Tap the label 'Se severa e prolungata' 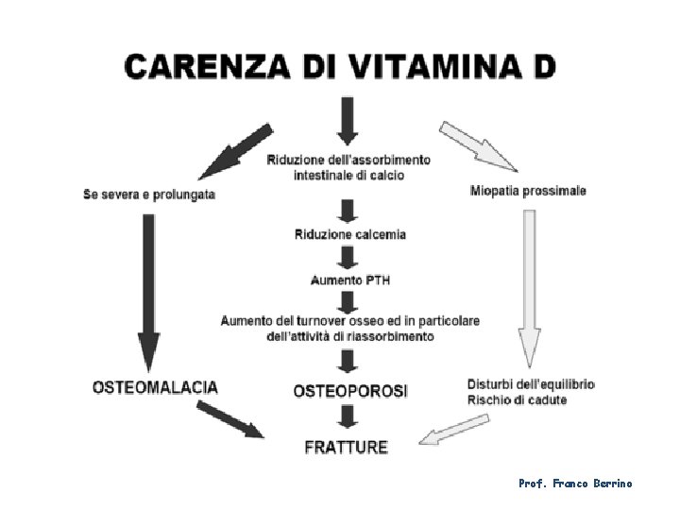pos(149,195)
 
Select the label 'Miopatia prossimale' pos(528,191)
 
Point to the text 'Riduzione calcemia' pos(349,234)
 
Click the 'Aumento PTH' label pos(350,280)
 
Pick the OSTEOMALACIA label pos(156,387)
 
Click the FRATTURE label pos(347,447)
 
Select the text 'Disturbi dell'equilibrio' pos(531,384)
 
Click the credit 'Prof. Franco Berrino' pos(575,484)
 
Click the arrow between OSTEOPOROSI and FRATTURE pos(348,417)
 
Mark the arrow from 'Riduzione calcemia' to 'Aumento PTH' pos(348,257)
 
